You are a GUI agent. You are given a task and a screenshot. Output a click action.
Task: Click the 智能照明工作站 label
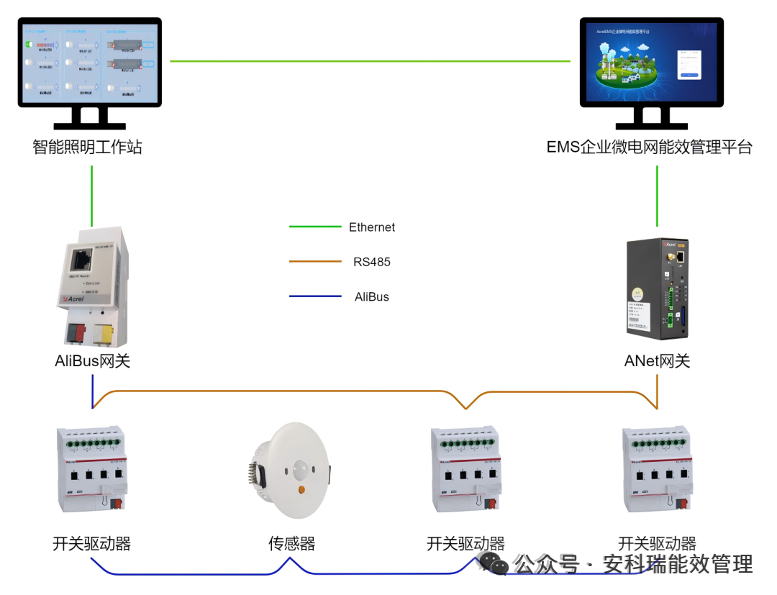(x=87, y=147)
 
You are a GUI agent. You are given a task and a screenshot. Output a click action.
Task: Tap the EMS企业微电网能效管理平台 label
(x=649, y=147)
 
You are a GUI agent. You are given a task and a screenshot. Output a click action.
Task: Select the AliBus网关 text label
(x=92, y=361)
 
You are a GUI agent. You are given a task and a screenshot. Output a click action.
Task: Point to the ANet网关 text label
(x=657, y=361)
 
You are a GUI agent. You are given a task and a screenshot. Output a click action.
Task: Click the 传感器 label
(x=291, y=543)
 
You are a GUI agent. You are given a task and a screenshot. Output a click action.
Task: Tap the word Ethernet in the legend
(x=372, y=227)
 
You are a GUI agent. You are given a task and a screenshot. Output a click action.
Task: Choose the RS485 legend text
(x=372, y=262)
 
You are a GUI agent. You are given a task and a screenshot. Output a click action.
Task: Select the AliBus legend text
(x=372, y=296)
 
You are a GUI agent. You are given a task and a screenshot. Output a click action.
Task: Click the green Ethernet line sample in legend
(x=315, y=227)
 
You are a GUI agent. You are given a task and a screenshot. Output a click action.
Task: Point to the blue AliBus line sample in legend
(x=315, y=296)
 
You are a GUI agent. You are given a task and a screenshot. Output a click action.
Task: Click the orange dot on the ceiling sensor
(x=301, y=491)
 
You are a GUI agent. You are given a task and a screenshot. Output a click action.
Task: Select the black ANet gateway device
(x=656, y=288)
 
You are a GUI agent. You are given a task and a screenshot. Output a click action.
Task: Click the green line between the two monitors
(x=371, y=61)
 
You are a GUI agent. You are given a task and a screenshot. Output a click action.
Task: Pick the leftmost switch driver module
(x=91, y=470)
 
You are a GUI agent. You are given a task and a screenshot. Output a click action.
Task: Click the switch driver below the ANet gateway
(x=657, y=470)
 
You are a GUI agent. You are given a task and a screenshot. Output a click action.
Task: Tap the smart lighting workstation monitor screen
(x=89, y=62)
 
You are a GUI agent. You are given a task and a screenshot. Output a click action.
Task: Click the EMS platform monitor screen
(x=651, y=62)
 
